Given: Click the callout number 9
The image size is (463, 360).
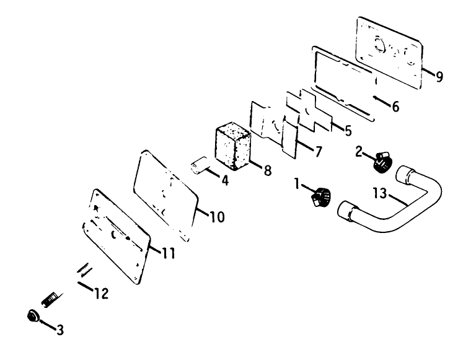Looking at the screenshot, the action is pyautogui.click(x=439, y=77).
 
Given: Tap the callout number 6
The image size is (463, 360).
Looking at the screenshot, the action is pyautogui.click(x=395, y=107).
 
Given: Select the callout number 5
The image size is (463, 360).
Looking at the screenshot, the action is pyautogui.click(x=348, y=130).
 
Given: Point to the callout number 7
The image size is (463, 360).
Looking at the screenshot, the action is pyautogui.click(x=319, y=152).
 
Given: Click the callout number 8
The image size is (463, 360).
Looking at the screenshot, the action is pyautogui.click(x=268, y=170).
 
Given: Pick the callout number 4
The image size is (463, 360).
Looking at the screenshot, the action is pyautogui.click(x=225, y=180).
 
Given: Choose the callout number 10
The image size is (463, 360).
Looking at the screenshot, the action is pyautogui.click(x=218, y=217).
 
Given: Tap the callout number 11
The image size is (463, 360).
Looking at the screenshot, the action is pyautogui.click(x=169, y=253).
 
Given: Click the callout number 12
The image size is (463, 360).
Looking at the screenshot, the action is pyautogui.click(x=102, y=293).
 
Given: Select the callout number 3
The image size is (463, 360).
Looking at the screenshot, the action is pyautogui.click(x=60, y=330).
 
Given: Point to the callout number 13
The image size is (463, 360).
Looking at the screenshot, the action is pyautogui.click(x=380, y=193).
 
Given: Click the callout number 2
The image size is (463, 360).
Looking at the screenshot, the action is pyautogui.click(x=359, y=152).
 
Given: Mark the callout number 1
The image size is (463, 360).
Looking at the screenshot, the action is pyautogui.click(x=297, y=183).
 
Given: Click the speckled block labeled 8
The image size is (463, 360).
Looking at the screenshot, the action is pyautogui.click(x=233, y=146).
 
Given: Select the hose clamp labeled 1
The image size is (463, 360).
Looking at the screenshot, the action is pyautogui.click(x=320, y=196).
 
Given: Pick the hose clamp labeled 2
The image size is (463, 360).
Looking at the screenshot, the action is pyautogui.click(x=382, y=162).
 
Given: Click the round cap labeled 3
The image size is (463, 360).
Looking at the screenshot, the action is pyautogui.click(x=33, y=316).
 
